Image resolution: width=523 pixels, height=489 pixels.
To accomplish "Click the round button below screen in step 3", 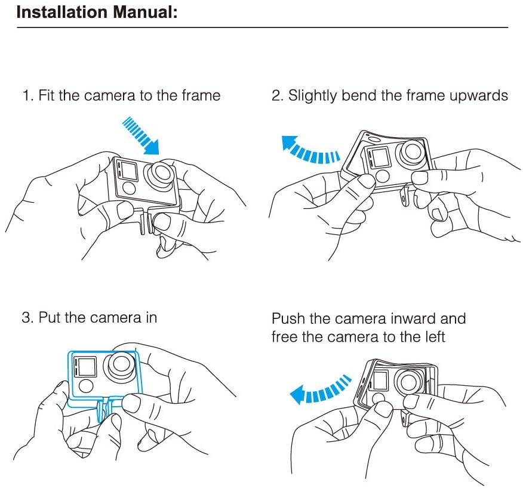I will coord(87,386).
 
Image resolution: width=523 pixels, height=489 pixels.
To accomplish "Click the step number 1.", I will coord(26,95).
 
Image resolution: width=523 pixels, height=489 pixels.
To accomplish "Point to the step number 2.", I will coord(276,95).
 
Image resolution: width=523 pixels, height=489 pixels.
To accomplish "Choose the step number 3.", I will coord(26,317).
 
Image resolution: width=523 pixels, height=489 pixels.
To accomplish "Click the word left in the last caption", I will coord(435,337).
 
